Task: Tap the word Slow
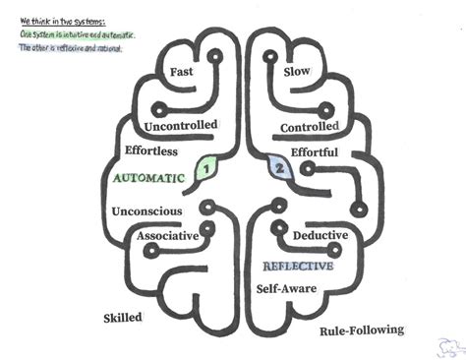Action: click(297, 72)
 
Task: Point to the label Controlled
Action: click(310, 128)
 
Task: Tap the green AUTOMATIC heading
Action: click(149, 181)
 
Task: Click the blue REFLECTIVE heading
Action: click(298, 266)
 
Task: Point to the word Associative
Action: click(168, 236)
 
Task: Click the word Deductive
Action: click(321, 236)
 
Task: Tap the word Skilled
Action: click(123, 318)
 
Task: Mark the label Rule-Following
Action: click(362, 330)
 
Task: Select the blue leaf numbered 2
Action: click(278, 169)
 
